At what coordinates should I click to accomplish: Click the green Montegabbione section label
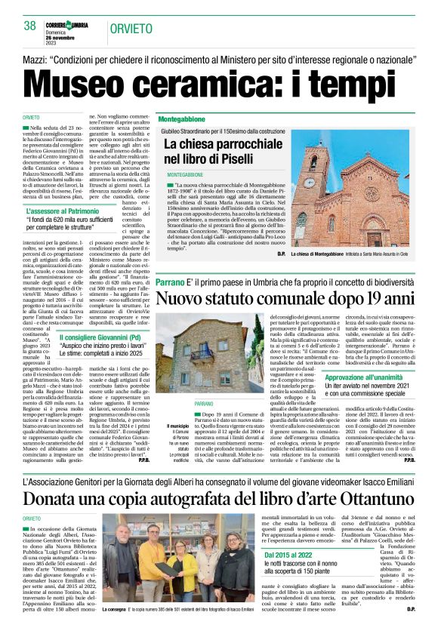point(183,119)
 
